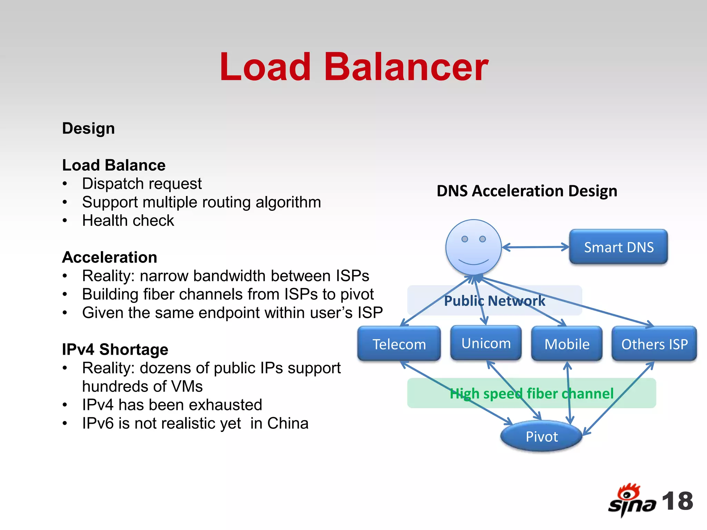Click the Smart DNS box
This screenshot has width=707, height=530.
pos(618,247)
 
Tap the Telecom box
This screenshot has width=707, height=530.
pos(399,344)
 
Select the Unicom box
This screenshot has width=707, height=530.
pos(486,343)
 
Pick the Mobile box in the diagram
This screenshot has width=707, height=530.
pos(567,344)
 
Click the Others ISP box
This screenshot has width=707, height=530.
pos(654,344)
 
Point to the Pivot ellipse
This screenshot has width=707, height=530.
pos(541,436)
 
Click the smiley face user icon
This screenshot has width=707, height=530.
pos(473,247)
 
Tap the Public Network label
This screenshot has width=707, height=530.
pos(494,301)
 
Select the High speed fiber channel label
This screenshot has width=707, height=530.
pos(531,393)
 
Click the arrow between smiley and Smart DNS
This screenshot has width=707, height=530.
pos(535,247)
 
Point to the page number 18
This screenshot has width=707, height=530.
pos(677,501)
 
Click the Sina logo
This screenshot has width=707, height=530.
pos(631,500)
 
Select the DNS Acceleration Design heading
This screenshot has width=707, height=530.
pos(527,191)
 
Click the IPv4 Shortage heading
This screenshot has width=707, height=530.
pos(115,349)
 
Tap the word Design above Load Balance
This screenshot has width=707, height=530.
pos(88,128)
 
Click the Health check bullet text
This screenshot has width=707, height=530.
pos(128,220)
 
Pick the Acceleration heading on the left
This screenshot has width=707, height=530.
pos(109,257)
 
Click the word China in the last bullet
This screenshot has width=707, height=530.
pos(288,423)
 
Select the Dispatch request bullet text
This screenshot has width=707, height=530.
pos(142,184)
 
